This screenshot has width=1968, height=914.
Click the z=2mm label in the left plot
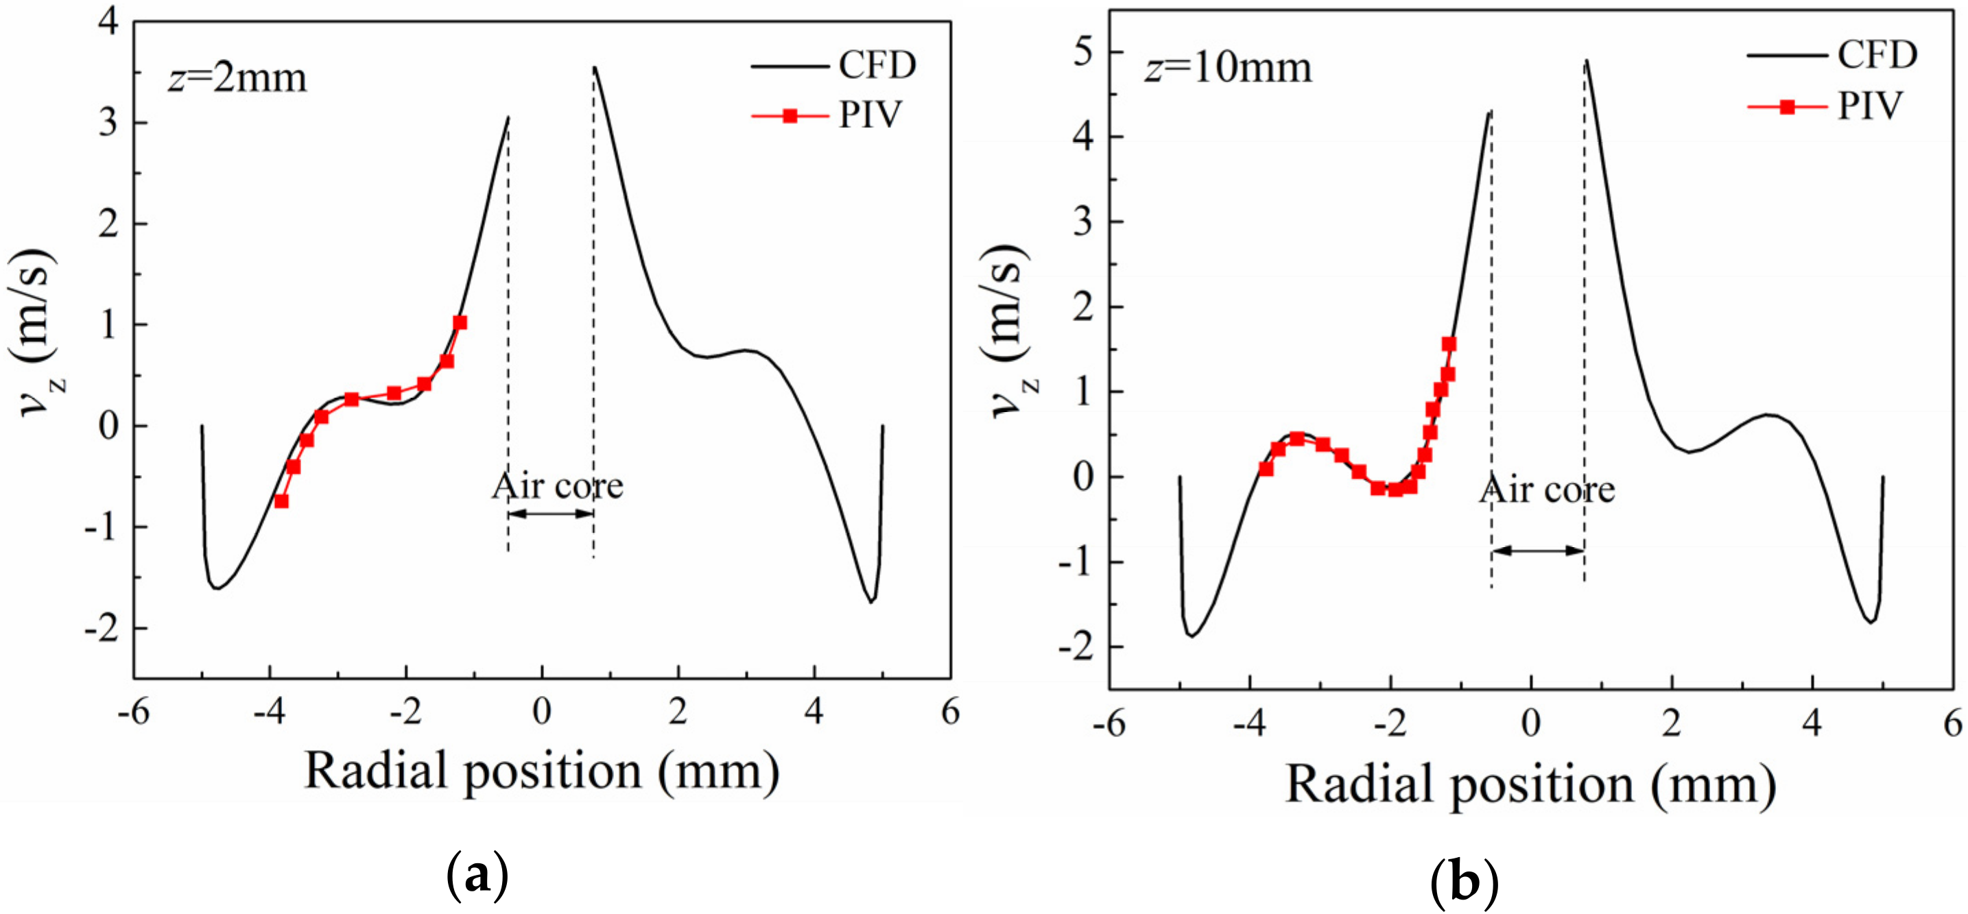pyautogui.click(x=237, y=79)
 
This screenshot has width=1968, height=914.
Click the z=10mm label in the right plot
pyautogui.click(x=1228, y=68)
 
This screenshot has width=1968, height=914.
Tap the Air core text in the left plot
pyautogui.click(x=558, y=485)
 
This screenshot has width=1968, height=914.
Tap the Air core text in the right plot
pyautogui.click(x=1547, y=490)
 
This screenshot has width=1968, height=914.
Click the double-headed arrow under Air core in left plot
pyautogui.click(x=550, y=513)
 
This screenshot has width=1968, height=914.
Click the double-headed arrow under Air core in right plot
pyautogui.click(x=1537, y=550)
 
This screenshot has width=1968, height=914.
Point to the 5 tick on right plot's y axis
pyautogui.click(x=1082, y=53)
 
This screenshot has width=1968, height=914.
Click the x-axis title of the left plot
pyautogui.click(x=542, y=771)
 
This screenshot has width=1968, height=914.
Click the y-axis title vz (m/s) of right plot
pyautogui.click(x=1008, y=331)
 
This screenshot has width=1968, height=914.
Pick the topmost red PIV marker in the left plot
pyautogui.click(x=459, y=323)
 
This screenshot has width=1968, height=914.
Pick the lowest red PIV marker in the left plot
pyautogui.click(x=281, y=501)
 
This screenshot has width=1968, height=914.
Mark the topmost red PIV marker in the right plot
pyautogui.click(x=1449, y=344)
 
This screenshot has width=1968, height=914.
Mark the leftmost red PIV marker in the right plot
pyautogui.click(x=1266, y=469)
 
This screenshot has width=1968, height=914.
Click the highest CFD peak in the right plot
pyautogui.click(x=1586, y=61)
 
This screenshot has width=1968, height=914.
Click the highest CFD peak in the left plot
pyautogui.click(x=594, y=67)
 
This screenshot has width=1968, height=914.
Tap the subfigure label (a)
pyautogui.click(x=477, y=876)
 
